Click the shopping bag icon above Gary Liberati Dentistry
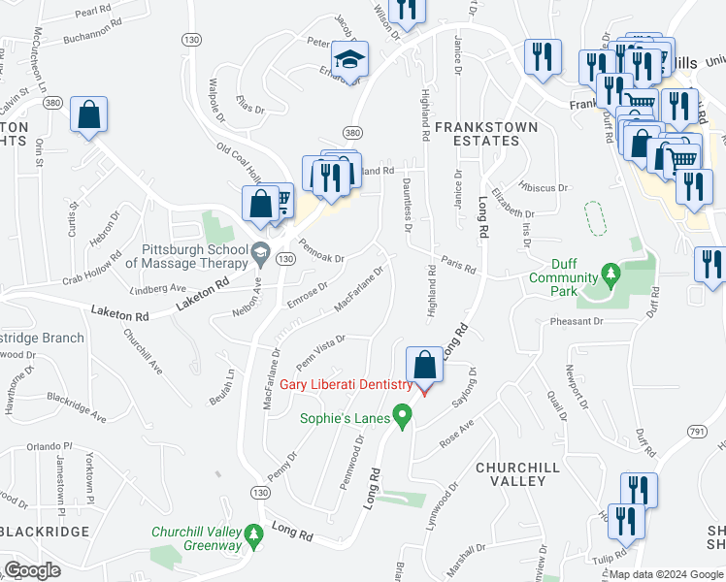pos(424,366)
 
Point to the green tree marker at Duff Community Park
pos(610,275)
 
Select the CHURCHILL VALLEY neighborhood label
pos(517,474)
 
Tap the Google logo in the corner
pos(32,570)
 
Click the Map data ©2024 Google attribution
pos(665,574)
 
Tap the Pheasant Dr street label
pos(575,320)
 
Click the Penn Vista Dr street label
pos(321,354)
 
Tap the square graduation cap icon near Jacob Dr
pos(347,60)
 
